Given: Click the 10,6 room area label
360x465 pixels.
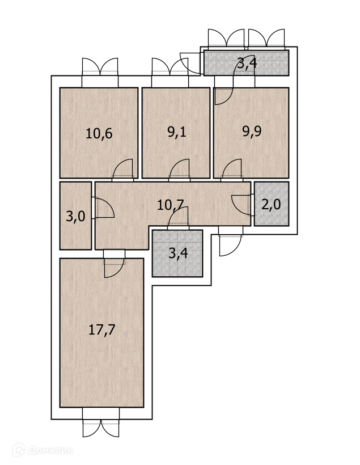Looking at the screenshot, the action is coord(99,134).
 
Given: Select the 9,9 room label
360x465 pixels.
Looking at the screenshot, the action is coord(253,132).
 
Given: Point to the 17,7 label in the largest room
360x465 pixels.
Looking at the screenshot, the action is coord(102,329).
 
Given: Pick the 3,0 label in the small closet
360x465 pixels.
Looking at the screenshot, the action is coord(75,217).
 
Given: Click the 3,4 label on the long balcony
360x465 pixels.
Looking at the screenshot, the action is coord(247,63).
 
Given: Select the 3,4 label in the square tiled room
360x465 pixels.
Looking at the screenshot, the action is coord(178,253).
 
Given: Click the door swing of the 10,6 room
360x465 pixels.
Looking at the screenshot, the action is coord(123,170).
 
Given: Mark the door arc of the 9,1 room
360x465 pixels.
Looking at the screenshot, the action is coord(180,170).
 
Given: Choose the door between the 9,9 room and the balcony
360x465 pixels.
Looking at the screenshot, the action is coord(223,96).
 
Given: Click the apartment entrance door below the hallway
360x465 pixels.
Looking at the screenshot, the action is coord(230,244).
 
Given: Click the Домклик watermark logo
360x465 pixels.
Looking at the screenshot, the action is coord(43,450).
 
